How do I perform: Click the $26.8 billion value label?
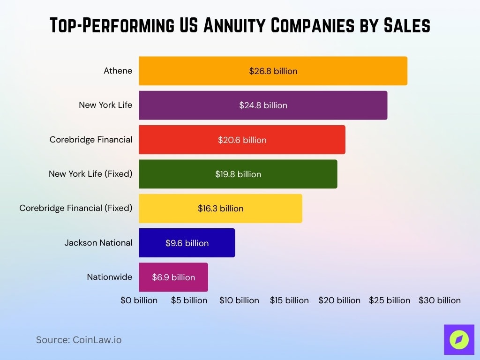[273, 71]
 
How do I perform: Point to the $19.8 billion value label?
[238, 174]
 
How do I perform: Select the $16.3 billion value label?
[221, 208]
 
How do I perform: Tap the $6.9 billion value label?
[173, 277]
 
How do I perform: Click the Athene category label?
[118, 71]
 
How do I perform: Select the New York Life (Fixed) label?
[90, 174]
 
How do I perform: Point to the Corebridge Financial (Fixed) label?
[76, 208]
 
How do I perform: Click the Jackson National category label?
[98, 243]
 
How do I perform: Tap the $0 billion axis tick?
[139, 300]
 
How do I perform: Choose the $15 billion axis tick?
[289, 300]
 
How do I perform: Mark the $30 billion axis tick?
[440, 300]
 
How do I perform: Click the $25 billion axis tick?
[390, 300]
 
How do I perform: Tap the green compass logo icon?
[459, 339]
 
